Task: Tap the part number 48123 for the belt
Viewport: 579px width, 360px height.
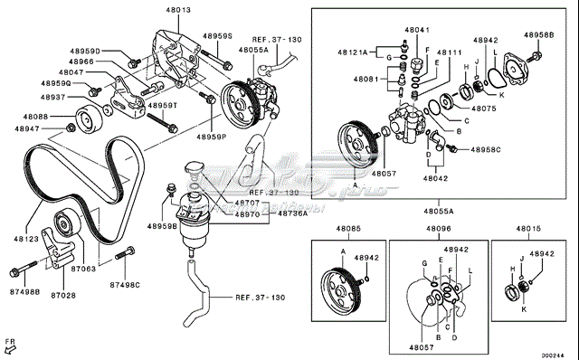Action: click(x=26, y=239)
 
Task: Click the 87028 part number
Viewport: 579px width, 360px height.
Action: click(x=62, y=295)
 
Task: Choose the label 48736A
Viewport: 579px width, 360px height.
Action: click(x=292, y=214)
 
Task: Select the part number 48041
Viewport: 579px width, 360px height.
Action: click(x=416, y=30)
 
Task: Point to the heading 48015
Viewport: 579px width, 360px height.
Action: click(x=529, y=229)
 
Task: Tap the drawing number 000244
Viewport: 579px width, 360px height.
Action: click(x=554, y=354)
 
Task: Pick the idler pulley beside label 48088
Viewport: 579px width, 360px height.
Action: click(x=89, y=118)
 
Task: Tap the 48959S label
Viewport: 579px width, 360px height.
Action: click(x=217, y=36)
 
